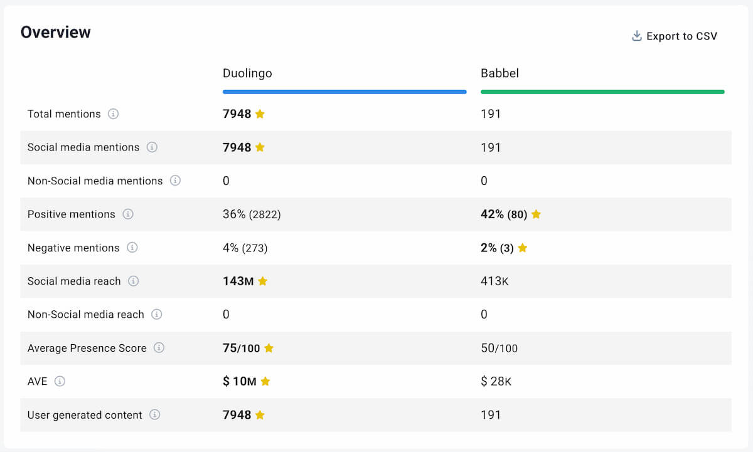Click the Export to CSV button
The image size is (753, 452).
coord(674,36)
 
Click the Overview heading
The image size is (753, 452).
coord(56,33)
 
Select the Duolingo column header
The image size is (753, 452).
coord(247,73)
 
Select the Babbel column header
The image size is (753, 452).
coord(499,73)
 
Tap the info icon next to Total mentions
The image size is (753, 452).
coord(113,114)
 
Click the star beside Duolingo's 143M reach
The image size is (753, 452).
coord(262,281)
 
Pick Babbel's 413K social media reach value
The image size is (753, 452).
coord(494,281)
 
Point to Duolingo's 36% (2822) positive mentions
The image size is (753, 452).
coord(252,214)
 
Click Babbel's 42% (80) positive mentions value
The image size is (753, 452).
coord(503,214)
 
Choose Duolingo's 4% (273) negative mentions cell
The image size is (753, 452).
coord(245,248)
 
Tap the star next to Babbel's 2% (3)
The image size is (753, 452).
coord(522,248)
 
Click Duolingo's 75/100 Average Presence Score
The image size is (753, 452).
coord(241,348)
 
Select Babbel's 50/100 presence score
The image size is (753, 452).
coord(499,348)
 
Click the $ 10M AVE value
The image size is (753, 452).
coord(239,381)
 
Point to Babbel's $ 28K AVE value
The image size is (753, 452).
coord(496,381)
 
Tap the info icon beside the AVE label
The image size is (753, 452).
coord(60,381)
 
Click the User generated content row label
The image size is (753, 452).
coord(85,415)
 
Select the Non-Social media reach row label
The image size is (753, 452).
coord(85,315)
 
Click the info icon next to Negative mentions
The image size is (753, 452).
coord(132,248)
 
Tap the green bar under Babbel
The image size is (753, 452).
coord(602,92)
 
